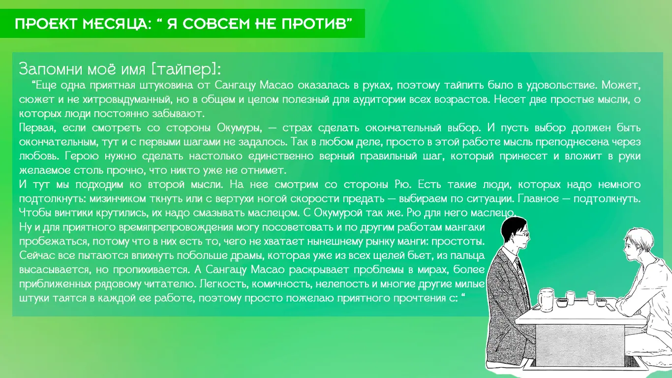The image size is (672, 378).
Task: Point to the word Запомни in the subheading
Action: [51, 69]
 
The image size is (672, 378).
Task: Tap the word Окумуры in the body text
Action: [239, 128]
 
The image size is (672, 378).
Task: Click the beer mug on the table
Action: [546, 300]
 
